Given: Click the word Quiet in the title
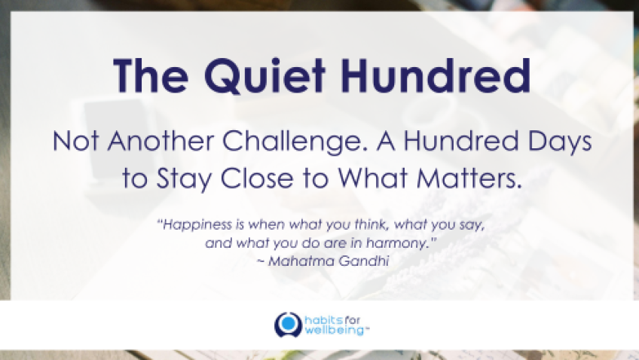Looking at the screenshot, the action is click(265, 77).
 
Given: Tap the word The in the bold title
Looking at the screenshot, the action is click(151, 76).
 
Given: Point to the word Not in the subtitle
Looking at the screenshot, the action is click(76, 142).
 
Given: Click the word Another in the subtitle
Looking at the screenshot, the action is click(161, 141).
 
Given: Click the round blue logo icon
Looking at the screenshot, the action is click(288, 325).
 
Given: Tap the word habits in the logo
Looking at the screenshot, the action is click(323, 320).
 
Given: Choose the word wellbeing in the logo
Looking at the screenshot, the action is click(334, 330).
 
